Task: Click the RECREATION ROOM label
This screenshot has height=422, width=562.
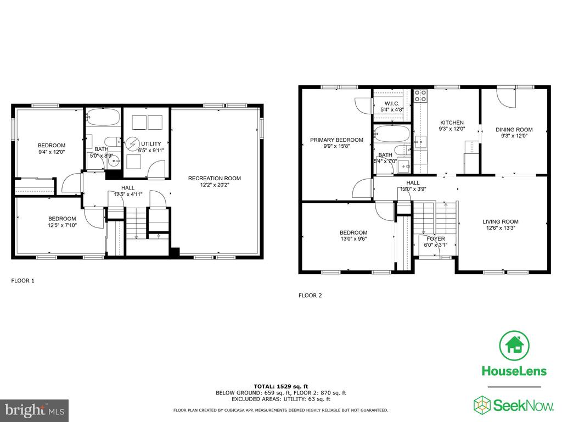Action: pos(215,179)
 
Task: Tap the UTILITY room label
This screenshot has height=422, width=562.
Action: pos(151,144)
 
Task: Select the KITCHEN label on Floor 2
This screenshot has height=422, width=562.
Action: pos(452,123)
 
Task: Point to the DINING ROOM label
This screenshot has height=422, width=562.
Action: pos(514,130)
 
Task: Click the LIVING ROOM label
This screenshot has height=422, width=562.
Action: pos(501,222)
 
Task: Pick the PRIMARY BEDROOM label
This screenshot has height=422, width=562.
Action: pos(336,140)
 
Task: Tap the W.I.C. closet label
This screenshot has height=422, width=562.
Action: pos(392,104)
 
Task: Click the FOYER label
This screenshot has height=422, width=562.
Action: pos(436,238)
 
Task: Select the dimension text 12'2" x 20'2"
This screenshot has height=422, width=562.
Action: pos(215,185)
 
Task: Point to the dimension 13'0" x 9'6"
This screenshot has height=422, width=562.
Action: pos(353,238)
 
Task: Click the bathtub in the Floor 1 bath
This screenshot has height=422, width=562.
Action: pos(103,116)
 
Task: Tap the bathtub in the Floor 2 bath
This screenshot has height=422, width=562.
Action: pos(392,133)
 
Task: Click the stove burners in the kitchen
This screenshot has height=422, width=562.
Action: pos(420,96)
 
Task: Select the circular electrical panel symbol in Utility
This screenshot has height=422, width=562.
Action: pos(133,145)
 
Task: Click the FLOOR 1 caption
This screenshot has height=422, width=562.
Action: pos(23,281)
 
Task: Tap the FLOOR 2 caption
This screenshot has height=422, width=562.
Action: pos(310,295)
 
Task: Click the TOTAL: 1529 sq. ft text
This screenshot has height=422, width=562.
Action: pos(281,386)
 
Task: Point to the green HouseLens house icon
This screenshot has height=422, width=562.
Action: pos(514,346)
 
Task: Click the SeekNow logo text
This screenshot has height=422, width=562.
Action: pos(523,406)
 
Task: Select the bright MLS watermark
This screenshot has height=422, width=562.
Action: pos(35,410)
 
